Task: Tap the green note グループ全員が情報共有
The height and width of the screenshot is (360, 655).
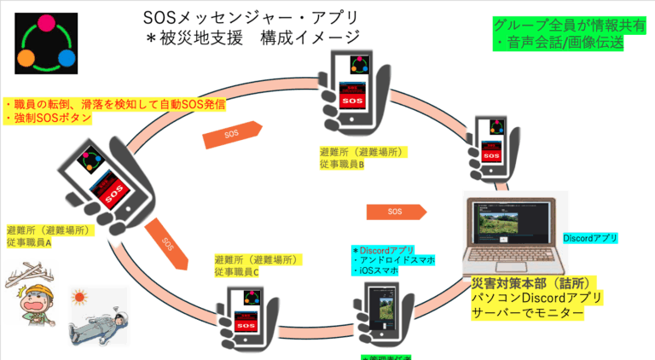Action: click(x=559, y=25)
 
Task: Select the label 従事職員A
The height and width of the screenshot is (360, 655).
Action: click(x=30, y=243)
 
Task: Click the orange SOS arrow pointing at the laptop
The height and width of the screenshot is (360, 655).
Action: click(x=393, y=211)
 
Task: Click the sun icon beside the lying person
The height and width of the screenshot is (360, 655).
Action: click(x=82, y=299)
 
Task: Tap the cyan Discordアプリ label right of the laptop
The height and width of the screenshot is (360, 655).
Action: click(x=590, y=238)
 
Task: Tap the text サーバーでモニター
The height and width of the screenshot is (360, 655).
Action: click(x=528, y=314)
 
